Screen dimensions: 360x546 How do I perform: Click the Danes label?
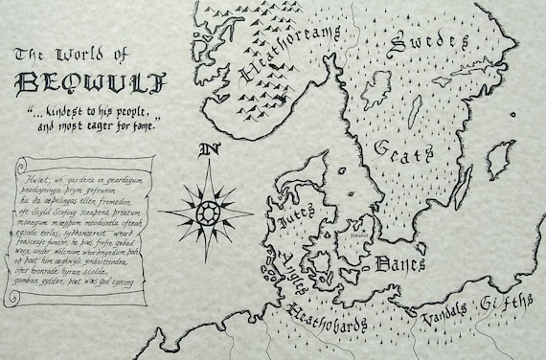point(399,261)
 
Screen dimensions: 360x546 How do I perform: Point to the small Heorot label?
point(358,231)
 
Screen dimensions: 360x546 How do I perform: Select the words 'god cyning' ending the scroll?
point(119,282)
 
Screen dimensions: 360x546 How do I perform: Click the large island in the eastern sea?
point(498,159)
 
